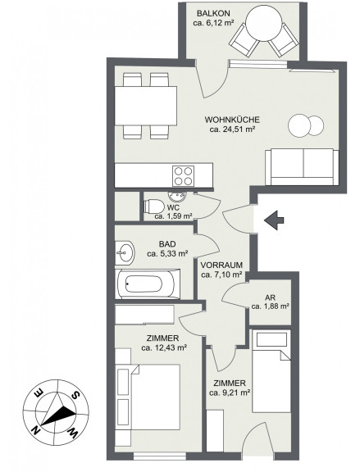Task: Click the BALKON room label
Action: click(x=213, y=14)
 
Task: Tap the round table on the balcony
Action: click(x=264, y=24)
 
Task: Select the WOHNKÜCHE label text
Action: click(x=232, y=120)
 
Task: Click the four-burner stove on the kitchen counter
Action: click(x=184, y=176)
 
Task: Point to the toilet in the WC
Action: click(x=154, y=206)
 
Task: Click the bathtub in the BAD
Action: click(x=148, y=284)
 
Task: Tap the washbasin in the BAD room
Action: click(x=124, y=252)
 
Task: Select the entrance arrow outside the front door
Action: click(x=274, y=220)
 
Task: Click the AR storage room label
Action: click(x=271, y=297)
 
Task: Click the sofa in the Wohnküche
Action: click(x=302, y=167)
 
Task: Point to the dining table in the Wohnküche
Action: click(x=146, y=106)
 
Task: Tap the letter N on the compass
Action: click(x=36, y=430)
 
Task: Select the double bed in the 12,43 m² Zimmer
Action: click(x=148, y=397)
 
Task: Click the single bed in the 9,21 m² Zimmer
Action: click(x=271, y=380)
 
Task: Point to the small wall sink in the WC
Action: click(x=177, y=197)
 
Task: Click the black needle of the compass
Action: click(x=58, y=416)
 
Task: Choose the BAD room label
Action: click(x=167, y=244)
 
